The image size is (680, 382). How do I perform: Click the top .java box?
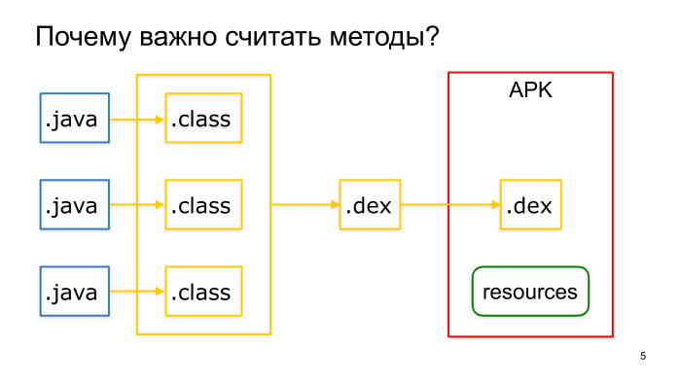point(74,120)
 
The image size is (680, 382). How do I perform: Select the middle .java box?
point(74,205)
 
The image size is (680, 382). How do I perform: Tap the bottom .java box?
point(74,292)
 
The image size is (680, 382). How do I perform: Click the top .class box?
point(203,120)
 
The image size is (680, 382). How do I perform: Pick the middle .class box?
point(203,205)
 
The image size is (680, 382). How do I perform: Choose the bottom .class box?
point(203,292)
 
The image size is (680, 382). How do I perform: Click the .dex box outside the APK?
point(370,205)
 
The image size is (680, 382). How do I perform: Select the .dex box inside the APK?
point(531,205)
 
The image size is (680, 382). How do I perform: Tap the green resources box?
point(530,292)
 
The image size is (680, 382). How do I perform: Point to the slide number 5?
point(643,357)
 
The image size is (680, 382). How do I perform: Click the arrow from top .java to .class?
point(137,120)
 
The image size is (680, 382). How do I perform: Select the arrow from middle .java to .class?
point(137,205)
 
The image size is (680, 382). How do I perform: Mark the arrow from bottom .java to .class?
point(137,292)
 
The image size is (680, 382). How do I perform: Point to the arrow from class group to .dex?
point(304,205)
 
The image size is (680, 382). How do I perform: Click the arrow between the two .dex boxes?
point(450,205)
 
